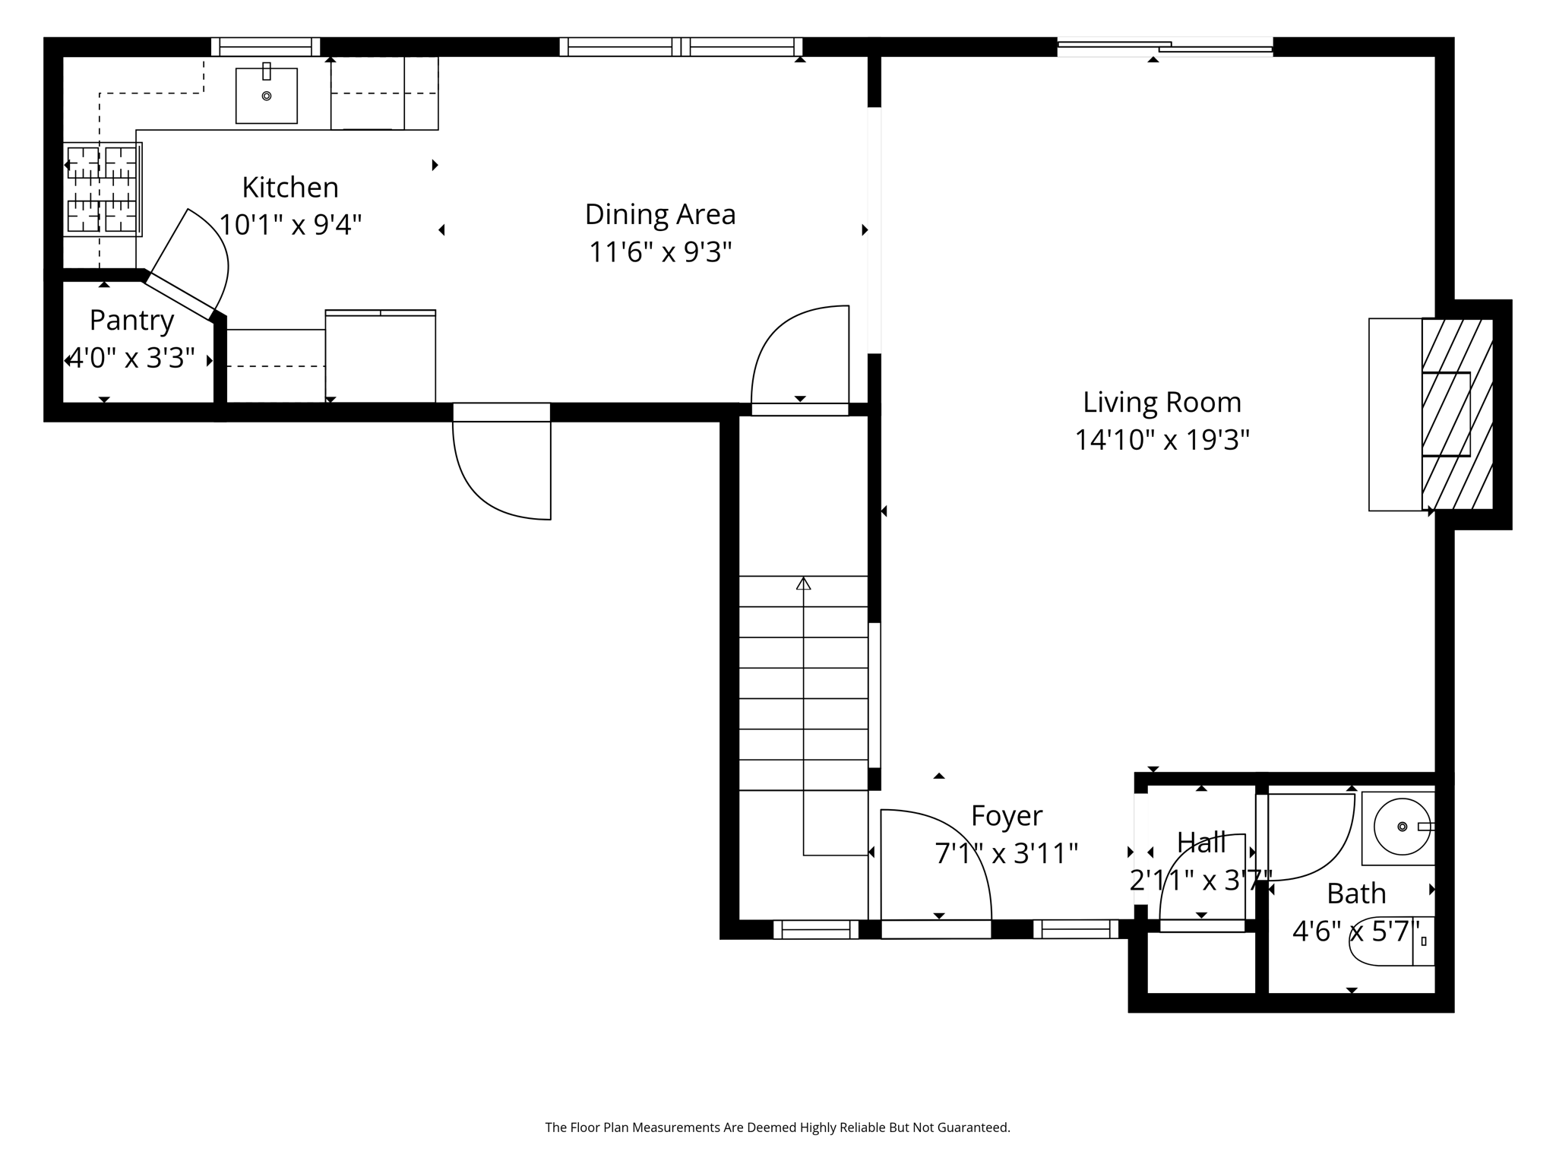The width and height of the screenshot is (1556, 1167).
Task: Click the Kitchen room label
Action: point(290,187)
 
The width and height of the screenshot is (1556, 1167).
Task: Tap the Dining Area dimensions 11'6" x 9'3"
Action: point(660,251)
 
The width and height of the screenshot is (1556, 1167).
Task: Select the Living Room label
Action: point(1162,402)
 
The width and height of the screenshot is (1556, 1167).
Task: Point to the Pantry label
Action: point(131,320)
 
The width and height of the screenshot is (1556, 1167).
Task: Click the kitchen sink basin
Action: point(266,96)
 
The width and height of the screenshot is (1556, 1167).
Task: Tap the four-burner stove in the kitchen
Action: point(102,189)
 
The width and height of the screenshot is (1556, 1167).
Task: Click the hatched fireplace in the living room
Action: point(1456,414)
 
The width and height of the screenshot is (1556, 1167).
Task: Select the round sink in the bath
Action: point(1402,827)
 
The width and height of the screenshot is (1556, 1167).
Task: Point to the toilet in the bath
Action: point(1390,942)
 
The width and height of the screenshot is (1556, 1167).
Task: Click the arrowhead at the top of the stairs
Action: point(803,583)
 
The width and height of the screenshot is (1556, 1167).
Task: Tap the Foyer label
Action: point(1007,816)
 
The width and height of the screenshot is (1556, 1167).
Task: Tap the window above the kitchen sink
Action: point(265,47)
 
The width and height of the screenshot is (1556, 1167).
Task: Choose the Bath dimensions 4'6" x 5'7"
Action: point(1356,931)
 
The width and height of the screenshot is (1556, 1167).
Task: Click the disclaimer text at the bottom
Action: point(777,1127)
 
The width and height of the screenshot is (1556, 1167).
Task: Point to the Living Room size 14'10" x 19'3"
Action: point(1162,440)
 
